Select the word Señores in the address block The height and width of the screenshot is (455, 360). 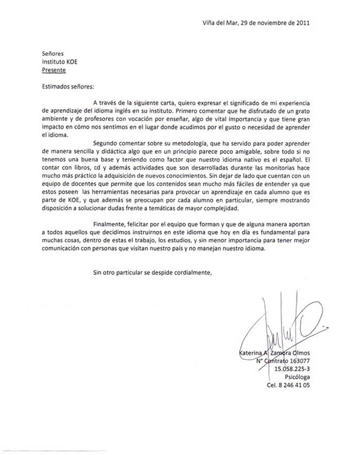(53, 54)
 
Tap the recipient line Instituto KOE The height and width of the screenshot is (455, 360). (59, 62)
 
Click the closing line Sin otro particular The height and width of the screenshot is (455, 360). (152, 272)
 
